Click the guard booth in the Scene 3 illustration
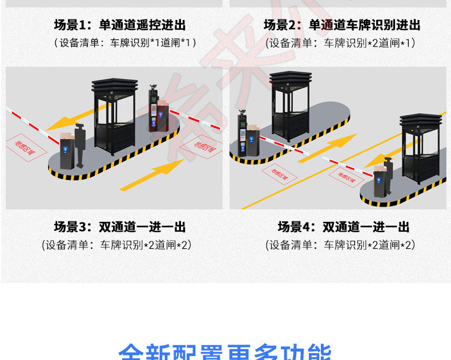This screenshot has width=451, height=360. (114, 117)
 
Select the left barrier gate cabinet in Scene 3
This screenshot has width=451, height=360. (68, 151)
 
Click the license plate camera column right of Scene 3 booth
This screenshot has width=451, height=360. (153, 108)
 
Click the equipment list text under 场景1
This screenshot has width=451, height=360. (125, 42)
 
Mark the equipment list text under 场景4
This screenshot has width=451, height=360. (340, 245)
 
